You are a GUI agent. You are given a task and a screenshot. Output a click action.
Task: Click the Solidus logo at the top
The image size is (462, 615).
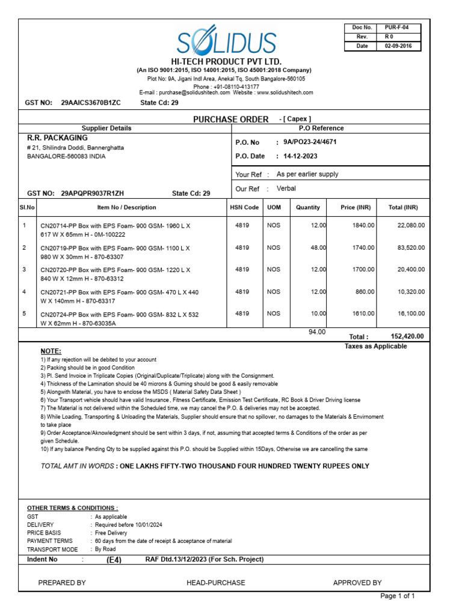(x=226, y=43)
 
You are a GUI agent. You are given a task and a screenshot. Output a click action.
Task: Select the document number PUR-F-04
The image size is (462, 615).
(x=398, y=28)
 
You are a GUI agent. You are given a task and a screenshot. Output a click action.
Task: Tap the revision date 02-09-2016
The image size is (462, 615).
(x=398, y=46)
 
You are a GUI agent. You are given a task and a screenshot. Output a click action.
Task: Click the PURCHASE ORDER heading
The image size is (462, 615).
(x=230, y=120)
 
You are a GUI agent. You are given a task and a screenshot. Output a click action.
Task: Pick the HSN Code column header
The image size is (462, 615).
(x=244, y=207)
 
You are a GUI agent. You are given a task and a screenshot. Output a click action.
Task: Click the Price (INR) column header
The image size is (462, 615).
(x=356, y=207)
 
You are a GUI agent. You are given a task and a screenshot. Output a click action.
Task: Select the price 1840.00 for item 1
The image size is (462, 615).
(x=363, y=225)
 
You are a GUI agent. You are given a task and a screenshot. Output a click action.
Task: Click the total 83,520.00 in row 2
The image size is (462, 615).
(x=411, y=247)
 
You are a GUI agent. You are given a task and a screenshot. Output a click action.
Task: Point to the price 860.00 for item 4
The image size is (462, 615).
(x=365, y=292)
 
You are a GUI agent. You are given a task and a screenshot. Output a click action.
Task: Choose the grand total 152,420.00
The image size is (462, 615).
(x=407, y=337)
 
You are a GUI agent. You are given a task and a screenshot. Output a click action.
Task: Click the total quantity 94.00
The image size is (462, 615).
(x=316, y=332)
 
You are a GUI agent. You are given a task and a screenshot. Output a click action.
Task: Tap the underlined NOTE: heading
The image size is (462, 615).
(x=51, y=351)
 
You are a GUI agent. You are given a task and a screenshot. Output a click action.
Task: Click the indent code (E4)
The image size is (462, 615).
(x=114, y=560)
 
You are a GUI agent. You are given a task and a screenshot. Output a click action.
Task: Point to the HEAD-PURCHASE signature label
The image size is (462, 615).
(x=216, y=583)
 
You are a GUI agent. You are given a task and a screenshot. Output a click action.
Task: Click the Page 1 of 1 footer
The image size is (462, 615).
(x=398, y=596)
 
